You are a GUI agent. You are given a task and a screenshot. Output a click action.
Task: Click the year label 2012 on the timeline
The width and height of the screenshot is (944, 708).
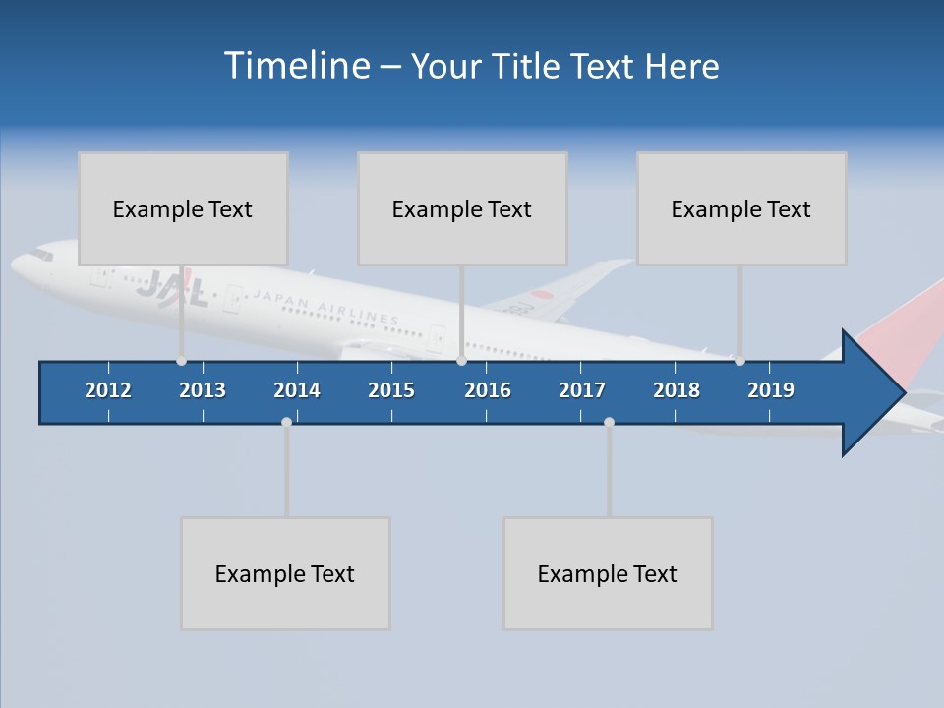pyautogui.click(x=108, y=390)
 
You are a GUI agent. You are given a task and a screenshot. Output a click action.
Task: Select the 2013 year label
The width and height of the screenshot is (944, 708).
pyautogui.click(x=203, y=390)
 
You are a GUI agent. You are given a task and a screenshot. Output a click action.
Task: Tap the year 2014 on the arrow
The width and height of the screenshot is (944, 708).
pyautogui.click(x=297, y=390)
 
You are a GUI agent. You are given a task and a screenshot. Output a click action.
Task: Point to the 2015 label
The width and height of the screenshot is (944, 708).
pyautogui.click(x=391, y=390)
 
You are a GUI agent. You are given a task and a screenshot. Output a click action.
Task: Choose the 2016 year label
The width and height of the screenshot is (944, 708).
pyautogui.click(x=488, y=390)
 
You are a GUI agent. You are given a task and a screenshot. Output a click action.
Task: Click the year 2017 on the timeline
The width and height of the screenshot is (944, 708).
pyautogui.click(x=582, y=390)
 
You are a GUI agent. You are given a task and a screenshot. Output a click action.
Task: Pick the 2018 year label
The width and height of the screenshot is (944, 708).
pyautogui.click(x=677, y=390)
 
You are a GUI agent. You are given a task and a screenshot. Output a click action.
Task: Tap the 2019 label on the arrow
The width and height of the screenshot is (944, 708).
pyautogui.click(x=771, y=390)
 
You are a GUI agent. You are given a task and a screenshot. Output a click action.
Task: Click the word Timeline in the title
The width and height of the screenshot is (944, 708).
pyautogui.click(x=296, y=66)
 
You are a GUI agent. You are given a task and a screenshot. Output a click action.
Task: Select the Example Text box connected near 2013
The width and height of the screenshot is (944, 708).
pyautogui.click(x=183, y=208)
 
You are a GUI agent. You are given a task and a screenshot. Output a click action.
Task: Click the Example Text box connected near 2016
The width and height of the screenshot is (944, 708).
pyautogui.click(x=462, y=208)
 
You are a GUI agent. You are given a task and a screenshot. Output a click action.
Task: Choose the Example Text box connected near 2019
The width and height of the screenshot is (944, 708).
pyautogui.click(x=741, y=208)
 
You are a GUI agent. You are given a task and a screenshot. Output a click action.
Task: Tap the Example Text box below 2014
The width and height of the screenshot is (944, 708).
pyautogui.click(x=285, y=573)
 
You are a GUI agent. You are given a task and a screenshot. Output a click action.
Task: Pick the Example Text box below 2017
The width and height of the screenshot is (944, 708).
pyautogui.click(x=608, y=573)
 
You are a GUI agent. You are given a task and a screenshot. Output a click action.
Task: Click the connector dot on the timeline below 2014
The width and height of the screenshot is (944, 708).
pyautogui.click(x=286, y=422)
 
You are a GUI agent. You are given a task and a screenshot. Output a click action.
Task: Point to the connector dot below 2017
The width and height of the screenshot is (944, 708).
pyautogui.click(x=609, y=422)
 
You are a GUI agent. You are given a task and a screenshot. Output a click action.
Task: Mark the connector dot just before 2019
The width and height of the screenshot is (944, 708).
pyautogui.click(x=739, y=361)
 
